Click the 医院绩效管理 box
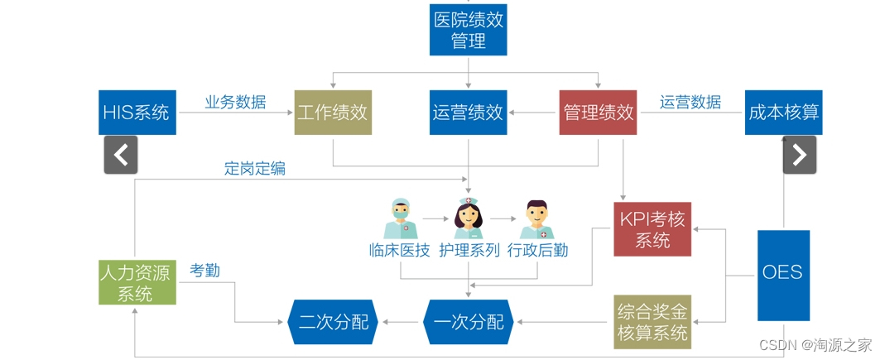coord(468,29)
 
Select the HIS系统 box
coord(137,112)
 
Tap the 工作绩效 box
coord(332,112)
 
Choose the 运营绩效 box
coord(468,112)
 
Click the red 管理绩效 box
coord(599,112)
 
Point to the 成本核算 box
coord(783,112)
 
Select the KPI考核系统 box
coord(652,229)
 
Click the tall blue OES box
coord(783,275)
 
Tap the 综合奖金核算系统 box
coord(652,322)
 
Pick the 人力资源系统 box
coord(137,281)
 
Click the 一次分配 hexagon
coord(468,322)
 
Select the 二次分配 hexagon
coord(332,322)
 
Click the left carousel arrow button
coord(121,155)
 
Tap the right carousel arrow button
coord(799,155)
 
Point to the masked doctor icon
coord(401,218)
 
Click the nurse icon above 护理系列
coord(468,218)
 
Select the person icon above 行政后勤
coord(537,218)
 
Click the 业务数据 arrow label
coord(236,102)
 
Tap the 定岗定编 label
coord(254,167)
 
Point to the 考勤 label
coord(204,270)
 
